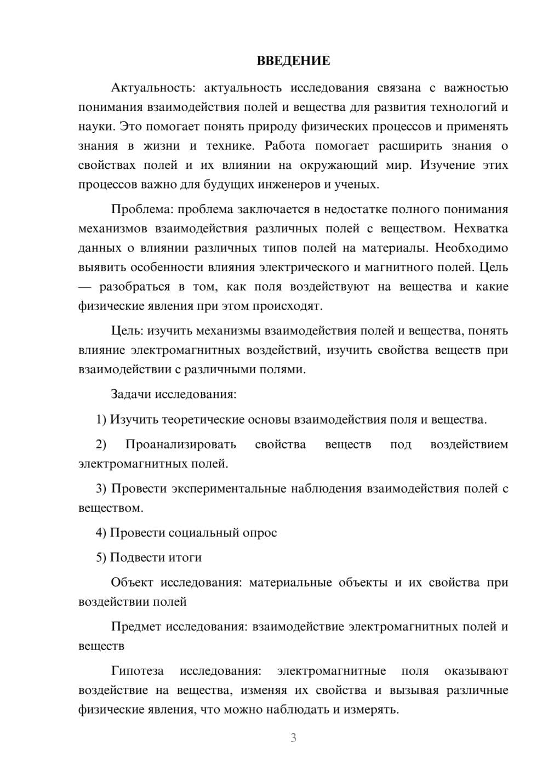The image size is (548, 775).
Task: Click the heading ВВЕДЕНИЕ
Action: pyautogui.click(x=293, y=61)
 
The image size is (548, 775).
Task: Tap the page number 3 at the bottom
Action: pyautogui.click(x=293, y=738)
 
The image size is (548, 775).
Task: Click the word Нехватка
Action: pyautogui.click(x=481, y=229)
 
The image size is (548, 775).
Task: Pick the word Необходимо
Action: pyautogui.click(x=471, y=248)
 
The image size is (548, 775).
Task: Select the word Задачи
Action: pyautogui.click(x=132, y=394)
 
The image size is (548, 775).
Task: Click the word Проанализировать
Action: pyautogui.click(x=180, y=445)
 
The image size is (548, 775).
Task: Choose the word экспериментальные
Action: pyautogui.click(x=229, y=488)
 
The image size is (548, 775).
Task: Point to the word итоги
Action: pyautogui.click(x=185, y=557)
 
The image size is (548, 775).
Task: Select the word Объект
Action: pyautogui.click(x=132, y=583)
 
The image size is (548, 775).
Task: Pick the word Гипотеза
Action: pyautogui.click(x=137, y=671)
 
